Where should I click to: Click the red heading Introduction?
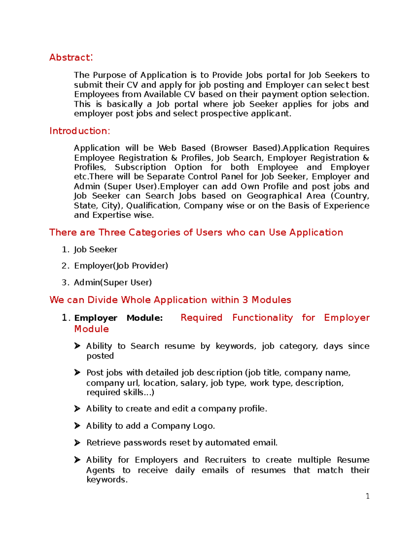(79, 131)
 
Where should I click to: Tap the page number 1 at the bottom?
(367, 496)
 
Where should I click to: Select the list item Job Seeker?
(95, 250)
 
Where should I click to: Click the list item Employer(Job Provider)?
(121, 266)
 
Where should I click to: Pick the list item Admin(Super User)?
(112, 282)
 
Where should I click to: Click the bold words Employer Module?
(118, 318)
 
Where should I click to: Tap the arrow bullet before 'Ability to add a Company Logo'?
(77, 426)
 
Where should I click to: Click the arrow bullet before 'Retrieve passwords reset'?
(77, 443)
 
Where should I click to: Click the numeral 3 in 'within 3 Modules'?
(245, 300)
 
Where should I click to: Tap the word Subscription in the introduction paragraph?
(140, 168)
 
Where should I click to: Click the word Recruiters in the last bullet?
(225, 460)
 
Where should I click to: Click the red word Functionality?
(262, 318)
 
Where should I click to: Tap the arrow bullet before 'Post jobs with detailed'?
(77, 373)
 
